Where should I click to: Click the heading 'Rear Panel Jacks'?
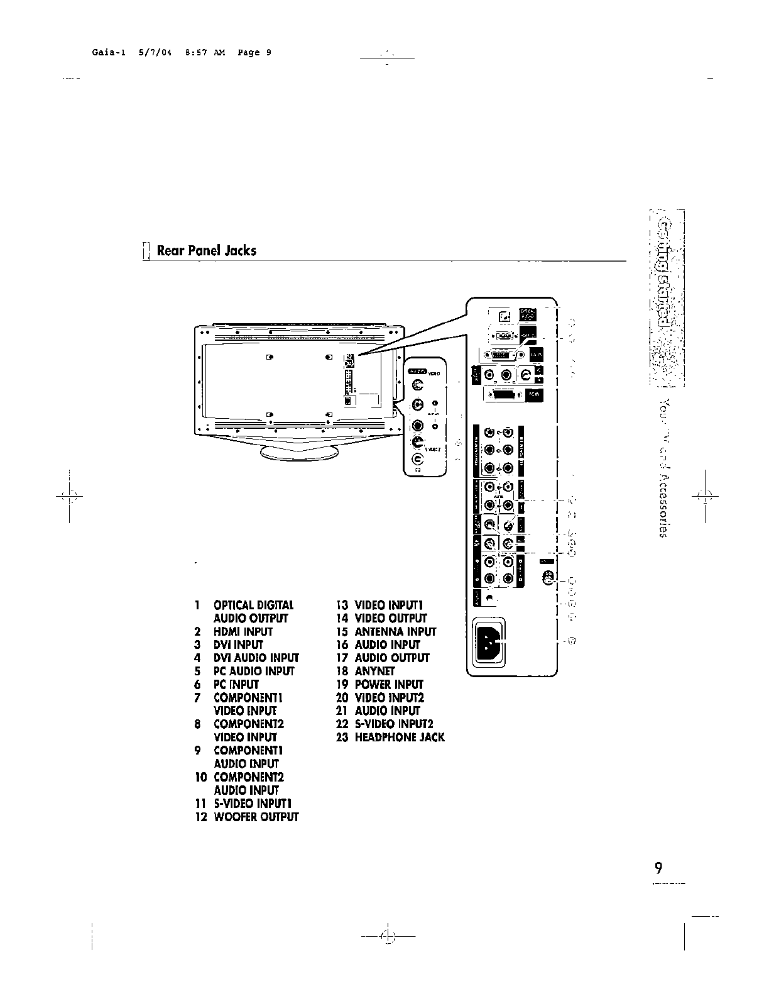click(x=206, y=250)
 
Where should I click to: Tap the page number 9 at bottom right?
click(x=658, y=868)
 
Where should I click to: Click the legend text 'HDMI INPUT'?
click(x=243, y=631)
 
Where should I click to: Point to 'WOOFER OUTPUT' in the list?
click(x=256, y=817)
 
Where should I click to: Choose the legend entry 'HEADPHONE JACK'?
click(x=399, y=737)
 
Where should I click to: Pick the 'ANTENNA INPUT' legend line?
click(x=395, y=631)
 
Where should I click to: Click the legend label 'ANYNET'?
click(x=374, y=671)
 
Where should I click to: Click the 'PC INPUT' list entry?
click(x=236, y=684)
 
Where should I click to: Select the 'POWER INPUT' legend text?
click(x=389, y=684)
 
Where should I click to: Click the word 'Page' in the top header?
click(x=249, y=53)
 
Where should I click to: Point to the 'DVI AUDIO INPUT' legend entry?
click(x=256, y=658)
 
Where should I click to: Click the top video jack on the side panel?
click(x=419, y=385)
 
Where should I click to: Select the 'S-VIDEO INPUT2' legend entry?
click(x=394, y=724)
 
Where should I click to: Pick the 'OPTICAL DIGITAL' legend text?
click(x=253, y=605)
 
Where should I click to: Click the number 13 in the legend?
click(x=342, y=605)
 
